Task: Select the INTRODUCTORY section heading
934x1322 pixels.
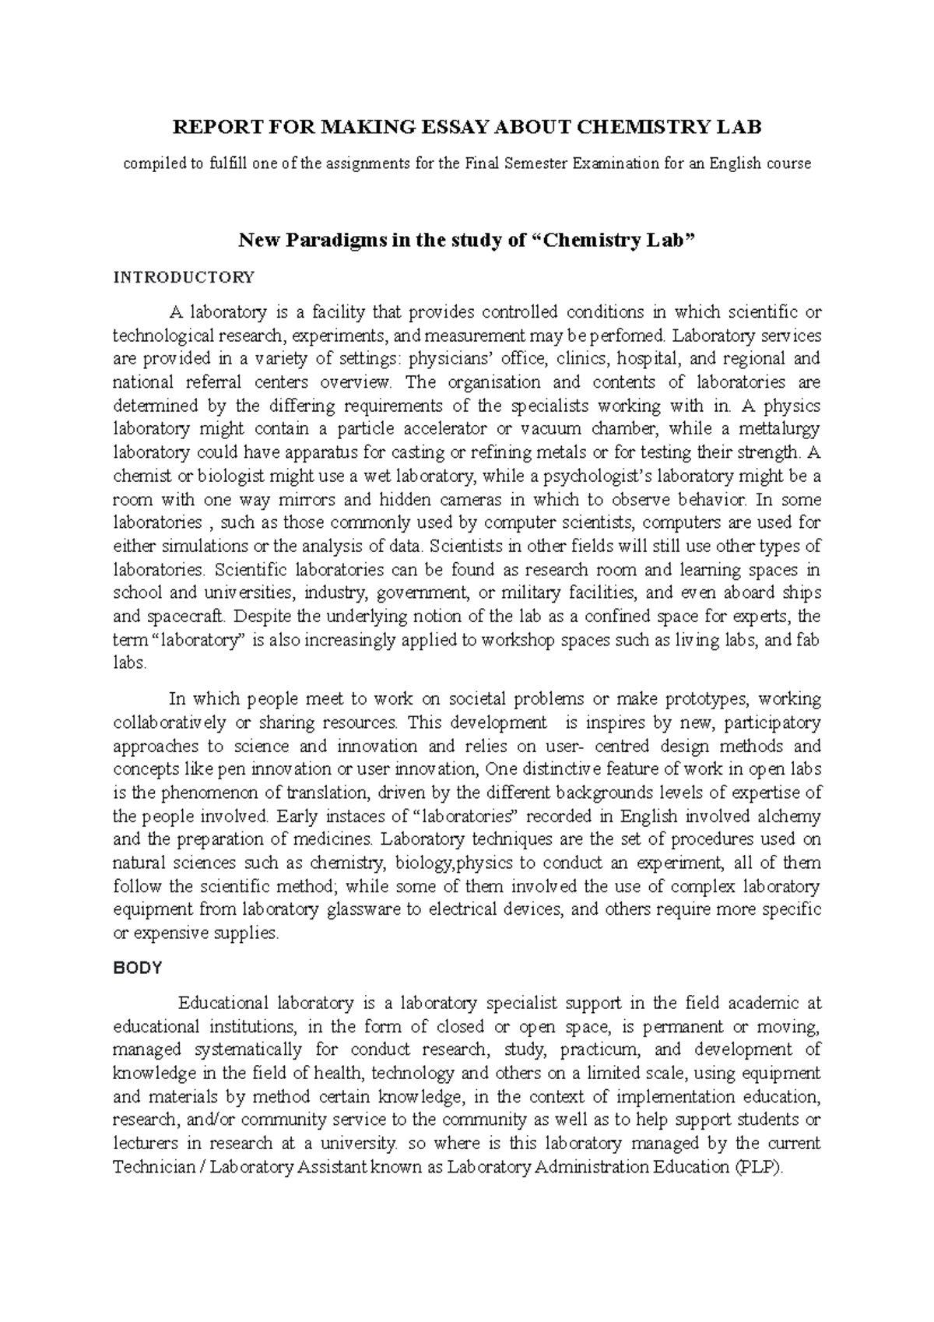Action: pos(184,277)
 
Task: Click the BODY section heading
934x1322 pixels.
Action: pos(138,969)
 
